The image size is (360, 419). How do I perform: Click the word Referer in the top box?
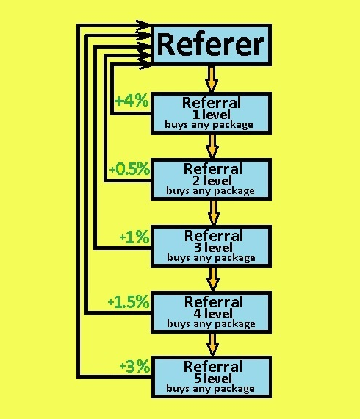[210, 44]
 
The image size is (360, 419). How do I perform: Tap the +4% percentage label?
[132, 101]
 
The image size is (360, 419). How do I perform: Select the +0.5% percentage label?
[129, 169]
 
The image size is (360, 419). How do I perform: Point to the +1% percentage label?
[134, 237]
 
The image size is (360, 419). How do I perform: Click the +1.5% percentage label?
[129, 302]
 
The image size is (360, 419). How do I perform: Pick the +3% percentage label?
[134, 366]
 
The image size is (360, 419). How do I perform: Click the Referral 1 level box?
[212, 113]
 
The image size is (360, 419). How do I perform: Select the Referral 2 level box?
[212, 179]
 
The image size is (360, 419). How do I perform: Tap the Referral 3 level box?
[212, 246]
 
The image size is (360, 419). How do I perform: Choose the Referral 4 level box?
[212, 312]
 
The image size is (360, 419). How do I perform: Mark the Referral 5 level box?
[212, 377]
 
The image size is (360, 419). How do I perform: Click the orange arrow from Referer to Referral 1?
[212, 79]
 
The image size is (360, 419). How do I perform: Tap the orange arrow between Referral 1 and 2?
[212, 146]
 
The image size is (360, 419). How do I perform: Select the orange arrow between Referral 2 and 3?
[213, 212]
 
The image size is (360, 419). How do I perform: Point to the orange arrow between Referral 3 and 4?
[213, 279]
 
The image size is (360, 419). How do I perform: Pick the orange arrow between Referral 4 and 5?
[212, 345]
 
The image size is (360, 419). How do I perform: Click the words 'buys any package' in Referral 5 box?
[210, 389]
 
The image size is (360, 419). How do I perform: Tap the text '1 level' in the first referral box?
[212, 115]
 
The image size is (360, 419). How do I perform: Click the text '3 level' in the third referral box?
[213, 248]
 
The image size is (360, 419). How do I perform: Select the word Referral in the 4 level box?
[214, 302]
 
